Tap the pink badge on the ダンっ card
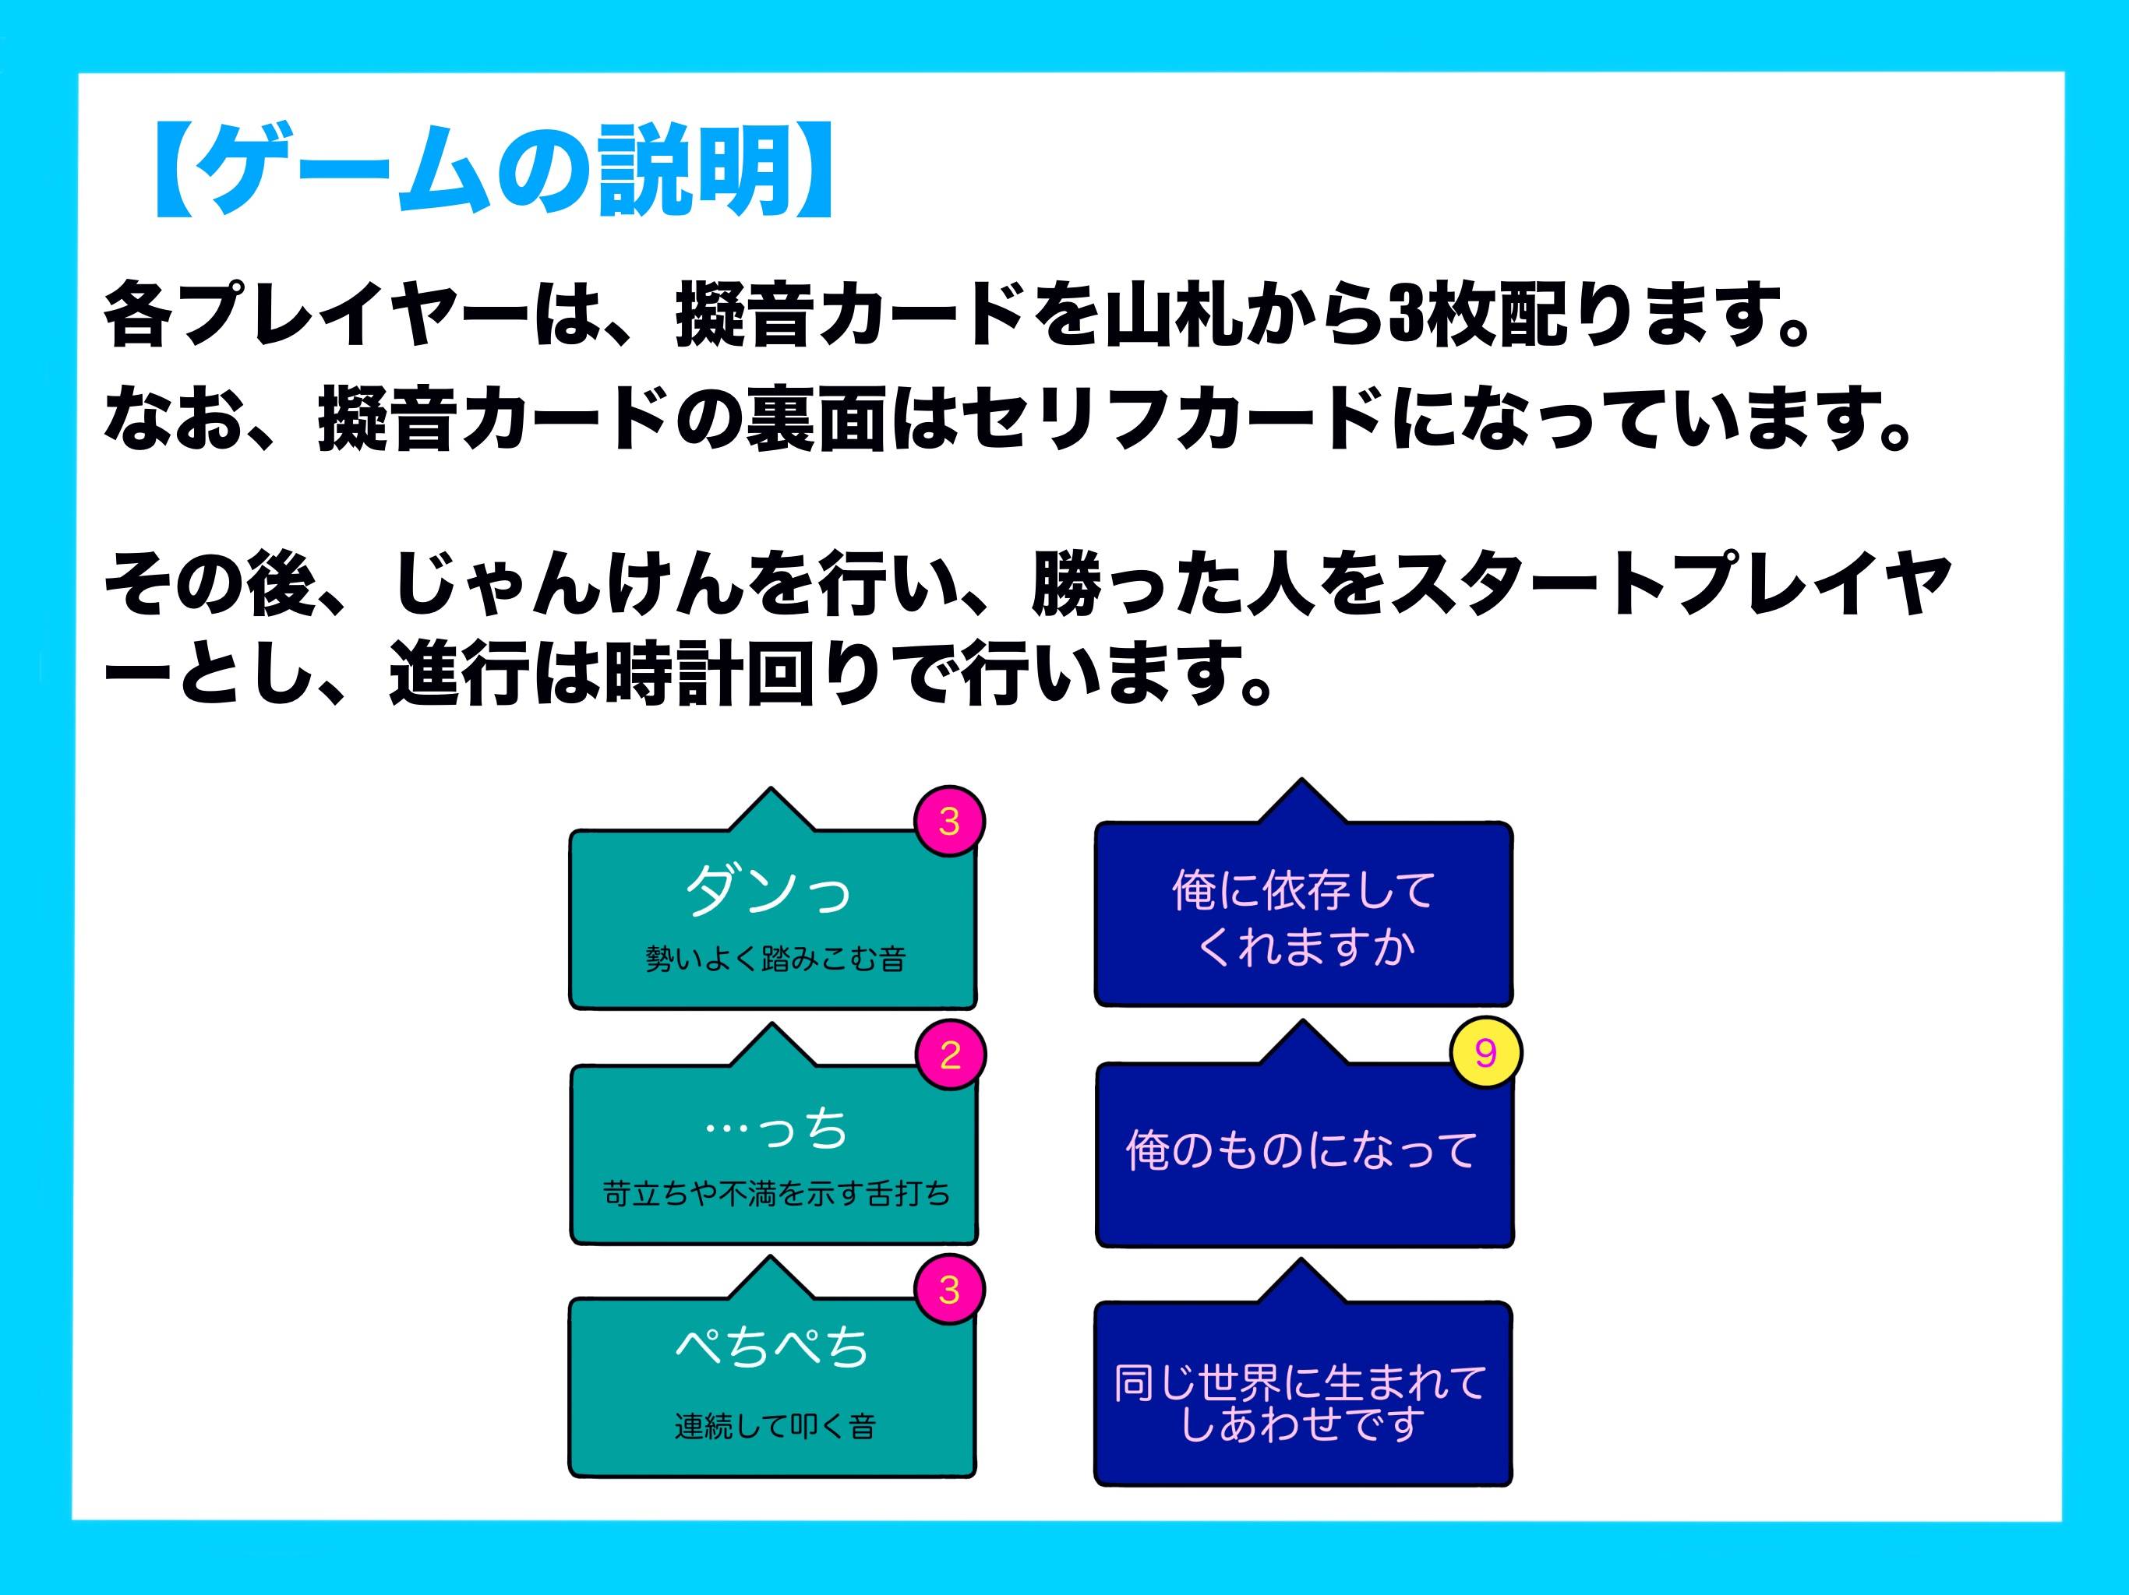click(x=949, y=821)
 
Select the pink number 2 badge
click(x=949, y=1055)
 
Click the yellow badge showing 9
click(x=1485, y=1052)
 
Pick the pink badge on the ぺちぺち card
click(x=949, y=1289)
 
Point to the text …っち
click(x=775, y=1129)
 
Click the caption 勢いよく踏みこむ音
click(x=775, y=958)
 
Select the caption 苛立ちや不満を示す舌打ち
click(x=775, y=1194)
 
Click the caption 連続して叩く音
click(x=775, y=1426)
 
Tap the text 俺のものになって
click(x=1301, y=1150)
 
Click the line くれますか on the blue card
click(x=1305, y=946)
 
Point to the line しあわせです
click(x=1302, y=1424)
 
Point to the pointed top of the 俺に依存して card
click(x=1301, y=784)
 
